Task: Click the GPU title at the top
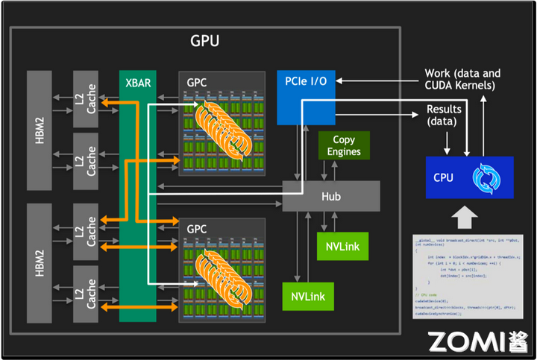(x=204, y=41)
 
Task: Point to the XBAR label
(x=137, y=82)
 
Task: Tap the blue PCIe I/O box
(x=305, y=98)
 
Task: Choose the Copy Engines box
(x=344, y=146)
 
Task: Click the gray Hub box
(x=330, y=195)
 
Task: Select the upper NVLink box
(x=342, y=246)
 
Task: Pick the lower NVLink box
(x=308, y=295)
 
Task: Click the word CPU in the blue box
(x=445, y=178)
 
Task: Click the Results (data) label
(x=443, y=115)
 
